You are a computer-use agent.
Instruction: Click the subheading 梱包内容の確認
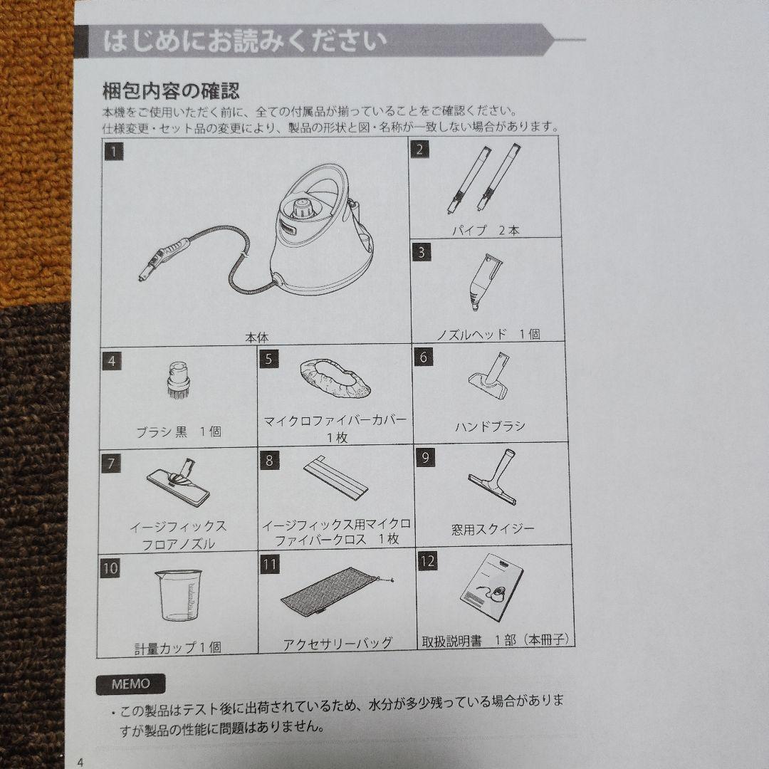point(171,91)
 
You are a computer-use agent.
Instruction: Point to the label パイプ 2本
point(486,231)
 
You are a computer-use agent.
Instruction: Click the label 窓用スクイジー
point(493,529)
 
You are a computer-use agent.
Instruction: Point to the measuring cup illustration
point(178,594)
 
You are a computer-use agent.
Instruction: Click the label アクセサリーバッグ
point(338,644)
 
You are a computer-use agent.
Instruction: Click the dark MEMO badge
point(130,684)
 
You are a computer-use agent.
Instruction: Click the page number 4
point(80,762)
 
